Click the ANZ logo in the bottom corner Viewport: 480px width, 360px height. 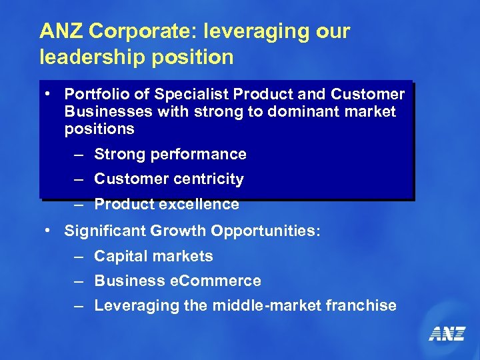tap(447, 333)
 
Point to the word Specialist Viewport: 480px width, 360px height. tap(182, 95)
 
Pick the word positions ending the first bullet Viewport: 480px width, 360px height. tap(99, 129)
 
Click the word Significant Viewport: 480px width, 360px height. tap(102, 231)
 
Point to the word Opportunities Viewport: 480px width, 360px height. tap(266, 231)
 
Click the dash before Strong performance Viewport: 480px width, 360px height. tap(79, 155)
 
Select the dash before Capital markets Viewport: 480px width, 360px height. tap(79, 256)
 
